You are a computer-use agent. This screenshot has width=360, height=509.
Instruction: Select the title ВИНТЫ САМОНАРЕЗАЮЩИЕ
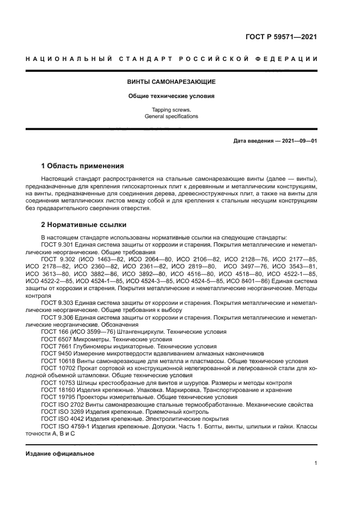click(172, 82)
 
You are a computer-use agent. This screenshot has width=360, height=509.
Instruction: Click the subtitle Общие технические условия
click(172, 96)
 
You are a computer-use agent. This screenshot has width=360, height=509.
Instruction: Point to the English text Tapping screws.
click(172, 110)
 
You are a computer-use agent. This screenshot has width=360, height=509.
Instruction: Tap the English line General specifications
click(172, 116)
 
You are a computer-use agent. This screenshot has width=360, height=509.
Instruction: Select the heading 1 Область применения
click(83, 166)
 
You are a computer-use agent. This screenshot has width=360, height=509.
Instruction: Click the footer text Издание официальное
click(60, 453)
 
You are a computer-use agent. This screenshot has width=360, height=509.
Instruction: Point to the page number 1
click(316, 463)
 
